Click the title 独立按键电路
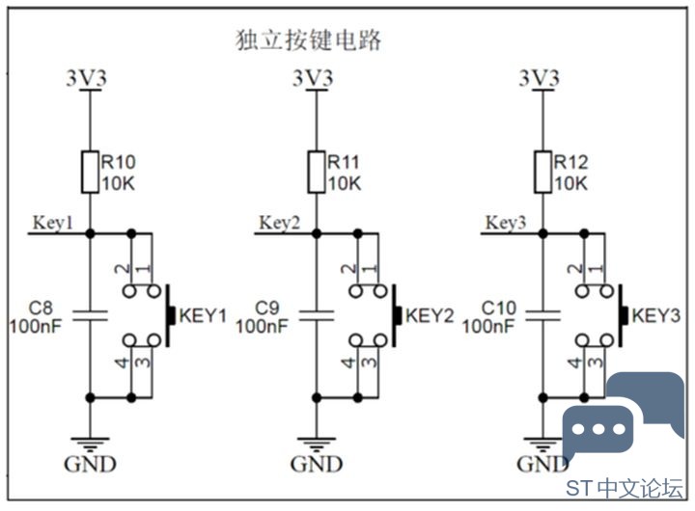coord(308,40)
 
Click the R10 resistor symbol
coord(90,173)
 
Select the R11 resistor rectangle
coord(317,173)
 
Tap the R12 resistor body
coord(542,173)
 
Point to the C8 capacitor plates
coord(90,315)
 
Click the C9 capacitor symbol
coord(317,315)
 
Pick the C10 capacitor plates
coord(542,315)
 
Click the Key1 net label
coord(52,223)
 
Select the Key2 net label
coord(279,223)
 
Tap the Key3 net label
coord(506,223)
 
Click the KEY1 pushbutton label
coord(203,316)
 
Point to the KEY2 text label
coord(430,316)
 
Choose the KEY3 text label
coord(656,316)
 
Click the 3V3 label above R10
coord(87,79)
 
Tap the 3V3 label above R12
coord(540,79)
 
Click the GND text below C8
coord(90,464)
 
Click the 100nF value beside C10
coord(488,327)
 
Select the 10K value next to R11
coord(345,183)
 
